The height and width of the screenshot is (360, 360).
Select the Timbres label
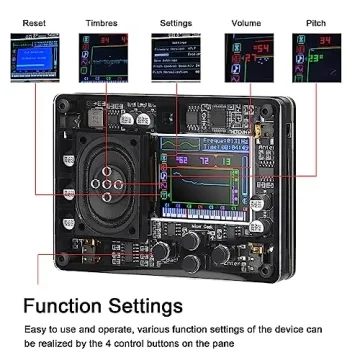[102, 20]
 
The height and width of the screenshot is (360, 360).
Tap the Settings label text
[176, 20]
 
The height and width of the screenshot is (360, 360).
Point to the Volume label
[247, 20]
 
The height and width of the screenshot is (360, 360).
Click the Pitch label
[315, 20]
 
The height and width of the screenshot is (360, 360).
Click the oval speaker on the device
[106, 184]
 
